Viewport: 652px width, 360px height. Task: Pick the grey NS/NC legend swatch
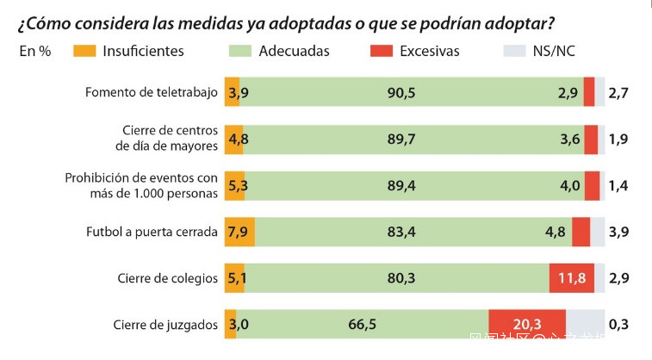[x=513, y=51]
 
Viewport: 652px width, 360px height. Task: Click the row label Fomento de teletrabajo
[x=152, y=92]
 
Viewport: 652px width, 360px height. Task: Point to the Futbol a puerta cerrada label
[x=152, y=232]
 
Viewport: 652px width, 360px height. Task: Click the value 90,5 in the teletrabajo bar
[x=401, y=92]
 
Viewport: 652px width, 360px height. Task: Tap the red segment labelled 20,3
[x=526, y=325]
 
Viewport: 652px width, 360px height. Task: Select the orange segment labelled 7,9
[x=239, y=232]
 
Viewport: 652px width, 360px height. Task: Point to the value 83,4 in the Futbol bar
[x=401, y=232]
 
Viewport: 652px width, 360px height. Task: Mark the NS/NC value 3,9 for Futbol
[x=618, y=232]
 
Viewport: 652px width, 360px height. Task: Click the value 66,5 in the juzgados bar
[x=362, y=325]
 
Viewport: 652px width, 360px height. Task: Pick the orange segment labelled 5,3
[x=235, y=185]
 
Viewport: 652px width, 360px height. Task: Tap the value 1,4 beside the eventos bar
[x=618, y=185]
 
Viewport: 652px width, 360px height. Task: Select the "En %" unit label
[x=35, y=51]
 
